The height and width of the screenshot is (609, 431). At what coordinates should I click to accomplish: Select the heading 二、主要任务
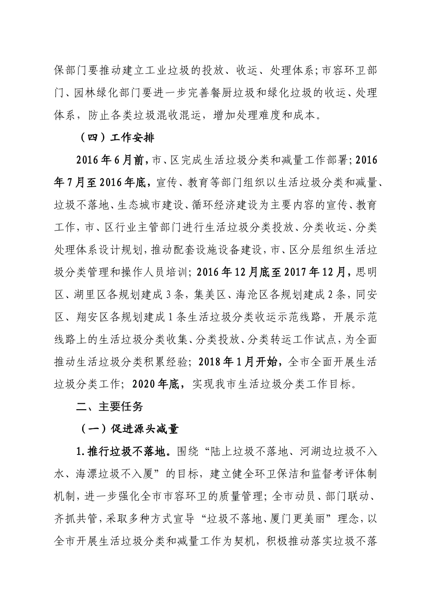109,406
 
